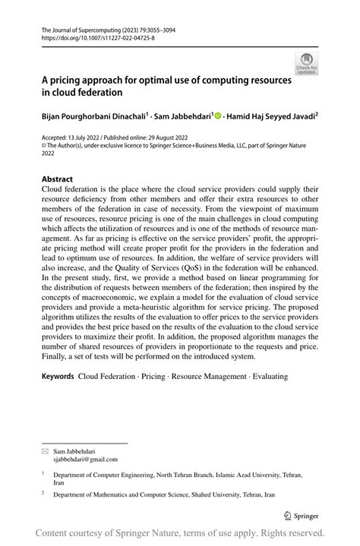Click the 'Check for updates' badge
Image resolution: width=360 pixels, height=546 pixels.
coord(306,64)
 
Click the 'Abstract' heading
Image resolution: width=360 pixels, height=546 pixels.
coord(57,180)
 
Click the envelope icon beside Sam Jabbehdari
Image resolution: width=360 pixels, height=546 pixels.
coord(45,450)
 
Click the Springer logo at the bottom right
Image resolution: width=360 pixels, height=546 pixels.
coord(302,513)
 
